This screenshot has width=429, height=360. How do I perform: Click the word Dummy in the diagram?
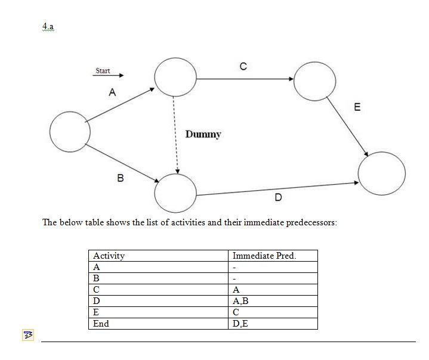203,134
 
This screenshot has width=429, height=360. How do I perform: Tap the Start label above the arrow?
103,71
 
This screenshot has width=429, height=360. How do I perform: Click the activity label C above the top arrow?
243,67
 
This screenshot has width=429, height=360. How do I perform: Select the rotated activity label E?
357,108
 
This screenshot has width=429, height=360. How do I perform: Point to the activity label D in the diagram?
278,197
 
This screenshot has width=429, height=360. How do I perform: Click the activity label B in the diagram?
120,177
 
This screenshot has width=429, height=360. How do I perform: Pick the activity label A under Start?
112,92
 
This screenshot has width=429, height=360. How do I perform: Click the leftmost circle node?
70,132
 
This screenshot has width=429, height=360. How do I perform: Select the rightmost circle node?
381,173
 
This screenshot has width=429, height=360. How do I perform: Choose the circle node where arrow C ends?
314,80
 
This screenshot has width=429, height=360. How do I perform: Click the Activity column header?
109,256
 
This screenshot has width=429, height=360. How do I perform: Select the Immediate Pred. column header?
264,256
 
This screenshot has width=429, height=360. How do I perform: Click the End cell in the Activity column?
101,324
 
